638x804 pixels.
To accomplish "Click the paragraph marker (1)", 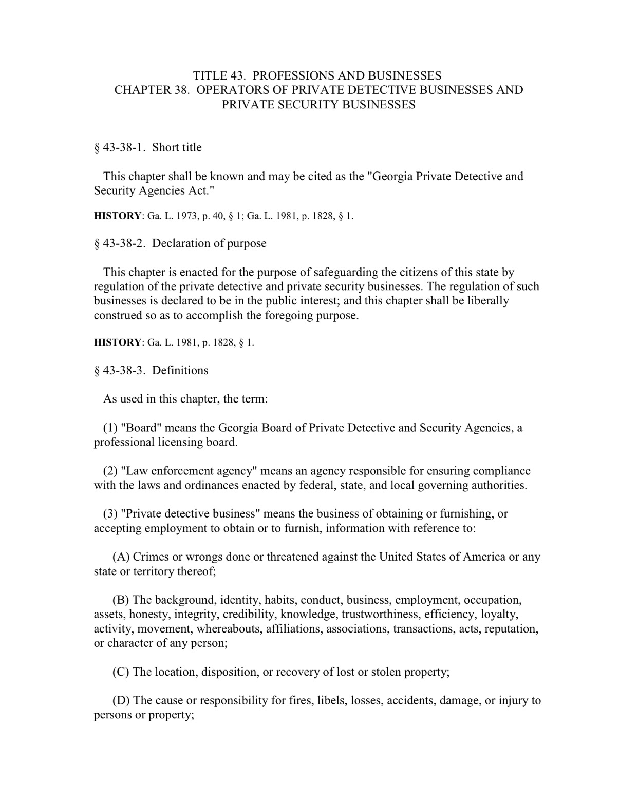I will [110, 428].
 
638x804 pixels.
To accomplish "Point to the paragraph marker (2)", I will [110, 471].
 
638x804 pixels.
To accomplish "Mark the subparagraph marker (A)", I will [121, 557].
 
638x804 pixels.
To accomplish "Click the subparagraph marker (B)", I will [121, 600].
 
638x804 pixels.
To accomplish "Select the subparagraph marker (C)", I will [121, 672].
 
